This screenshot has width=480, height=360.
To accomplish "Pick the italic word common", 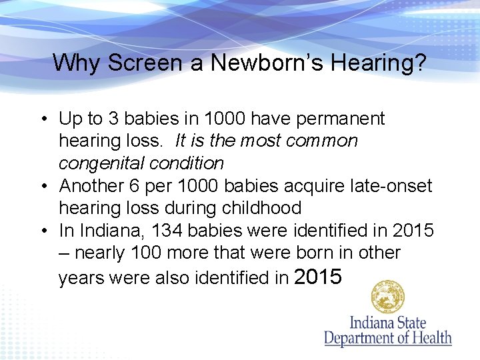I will click(325, 141).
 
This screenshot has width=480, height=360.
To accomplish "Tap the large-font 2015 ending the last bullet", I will click(317, 276).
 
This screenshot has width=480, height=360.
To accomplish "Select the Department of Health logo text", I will click(388, 331).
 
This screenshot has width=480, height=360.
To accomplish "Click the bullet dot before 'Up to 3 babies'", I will click(42, 119).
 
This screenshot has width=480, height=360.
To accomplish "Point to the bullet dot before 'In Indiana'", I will click(42, 231).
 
